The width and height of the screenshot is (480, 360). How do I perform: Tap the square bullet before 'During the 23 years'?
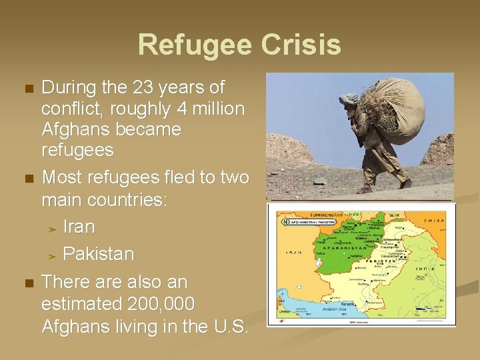point(27,89)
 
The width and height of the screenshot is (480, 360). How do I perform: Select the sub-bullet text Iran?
point(79,227)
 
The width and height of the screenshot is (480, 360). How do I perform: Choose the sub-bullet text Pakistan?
point(98,254)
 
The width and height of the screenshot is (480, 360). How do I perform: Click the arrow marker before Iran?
point(53,228)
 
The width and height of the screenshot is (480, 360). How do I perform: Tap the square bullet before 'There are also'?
point(27,283)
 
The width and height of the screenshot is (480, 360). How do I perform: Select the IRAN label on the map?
point(293,253)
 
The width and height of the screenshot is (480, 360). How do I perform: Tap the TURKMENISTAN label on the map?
point(306,215)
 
